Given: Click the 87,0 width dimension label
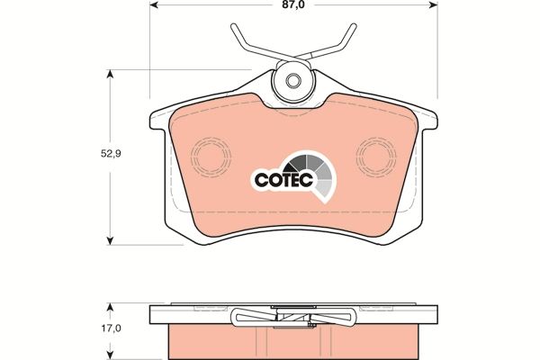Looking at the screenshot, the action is (293, 4).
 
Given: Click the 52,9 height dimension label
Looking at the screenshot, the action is (111, 154).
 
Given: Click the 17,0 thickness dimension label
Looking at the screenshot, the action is (111, 328).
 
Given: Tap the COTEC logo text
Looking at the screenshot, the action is (283, 179).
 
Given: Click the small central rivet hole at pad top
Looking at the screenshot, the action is (293, 81).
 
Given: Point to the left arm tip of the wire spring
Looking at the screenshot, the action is (234, 26).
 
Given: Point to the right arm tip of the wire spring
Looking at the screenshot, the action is (354, 26).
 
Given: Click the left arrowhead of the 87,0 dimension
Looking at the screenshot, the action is (154, 4).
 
